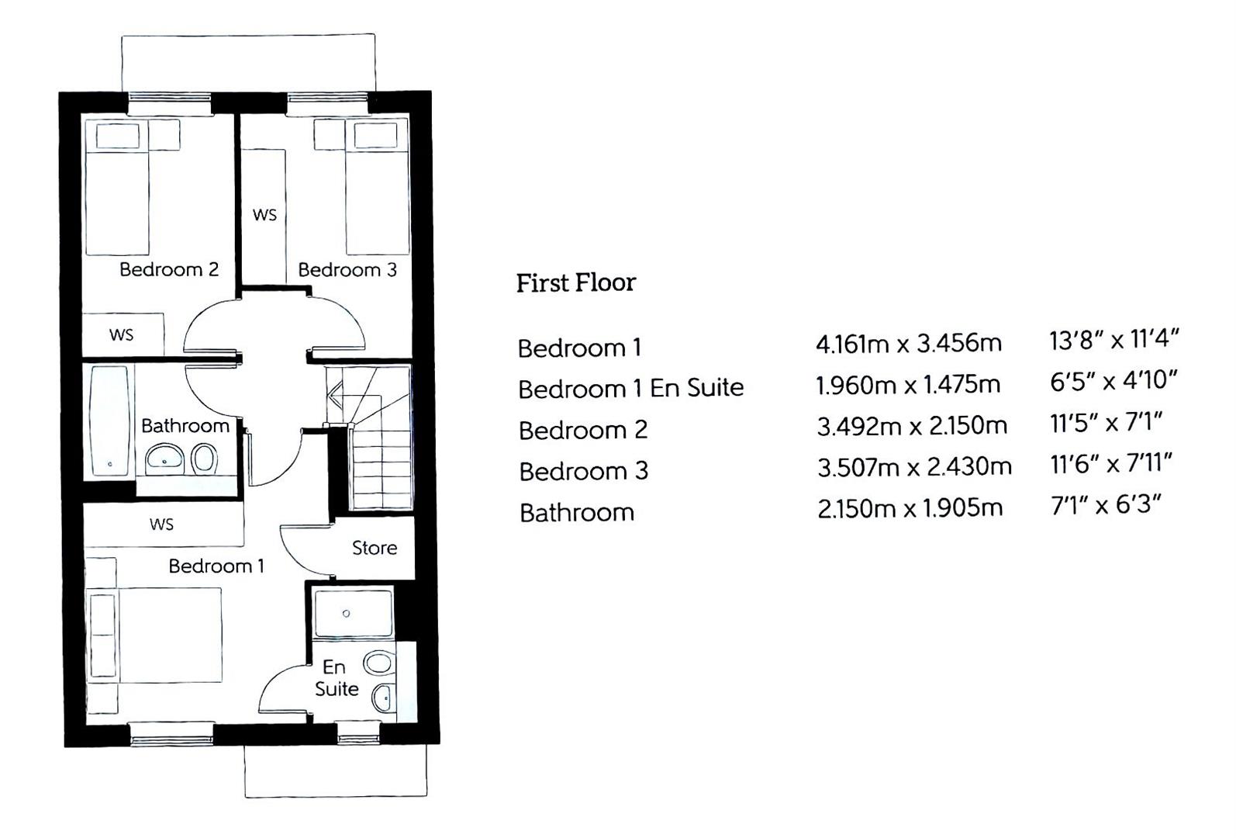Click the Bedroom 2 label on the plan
click(x=169, y=269)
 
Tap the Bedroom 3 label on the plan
click(x=347, y=269)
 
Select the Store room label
click(x=375, y=548)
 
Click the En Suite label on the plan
click(x=337, y=678)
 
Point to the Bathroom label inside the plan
click(x=185, y=426)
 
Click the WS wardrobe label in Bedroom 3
click(x=265, y=215)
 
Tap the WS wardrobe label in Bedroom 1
click(x=162, y=524)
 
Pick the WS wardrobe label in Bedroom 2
click(x=122, y=334)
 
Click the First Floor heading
click(x=576, y=282)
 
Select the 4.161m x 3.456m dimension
click(x=908, y=344)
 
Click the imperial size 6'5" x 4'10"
click(x=1113, y=380)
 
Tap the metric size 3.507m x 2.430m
click(x=914, y=467)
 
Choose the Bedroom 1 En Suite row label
click(x=630, y=389)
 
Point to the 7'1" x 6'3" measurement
click(x=1106, y=504)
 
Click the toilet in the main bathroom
click(x=204, y=459)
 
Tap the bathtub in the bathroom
click(x=109, y=421)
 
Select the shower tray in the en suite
click(x=353, y=612)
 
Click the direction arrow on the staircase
click(x=336, y=395)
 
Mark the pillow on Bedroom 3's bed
click(x=375, y=135)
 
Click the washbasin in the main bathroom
click(x=165, y=459)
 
